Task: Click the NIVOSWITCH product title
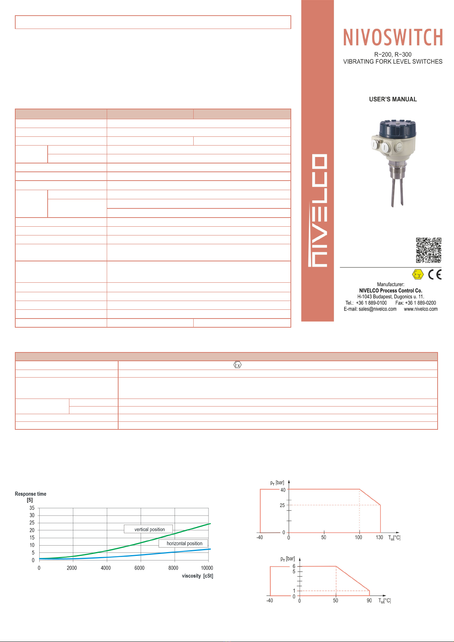tap(393, 37)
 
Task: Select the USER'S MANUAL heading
tap(393, 99)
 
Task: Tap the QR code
tap(428, 250)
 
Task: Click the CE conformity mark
tap(435, 275)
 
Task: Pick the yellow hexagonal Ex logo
tap(417, 275)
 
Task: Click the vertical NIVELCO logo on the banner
tap(318, 210)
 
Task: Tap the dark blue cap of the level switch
tap(398, 129)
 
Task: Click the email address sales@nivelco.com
tap(377, 309)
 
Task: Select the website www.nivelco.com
tap(421, 309)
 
